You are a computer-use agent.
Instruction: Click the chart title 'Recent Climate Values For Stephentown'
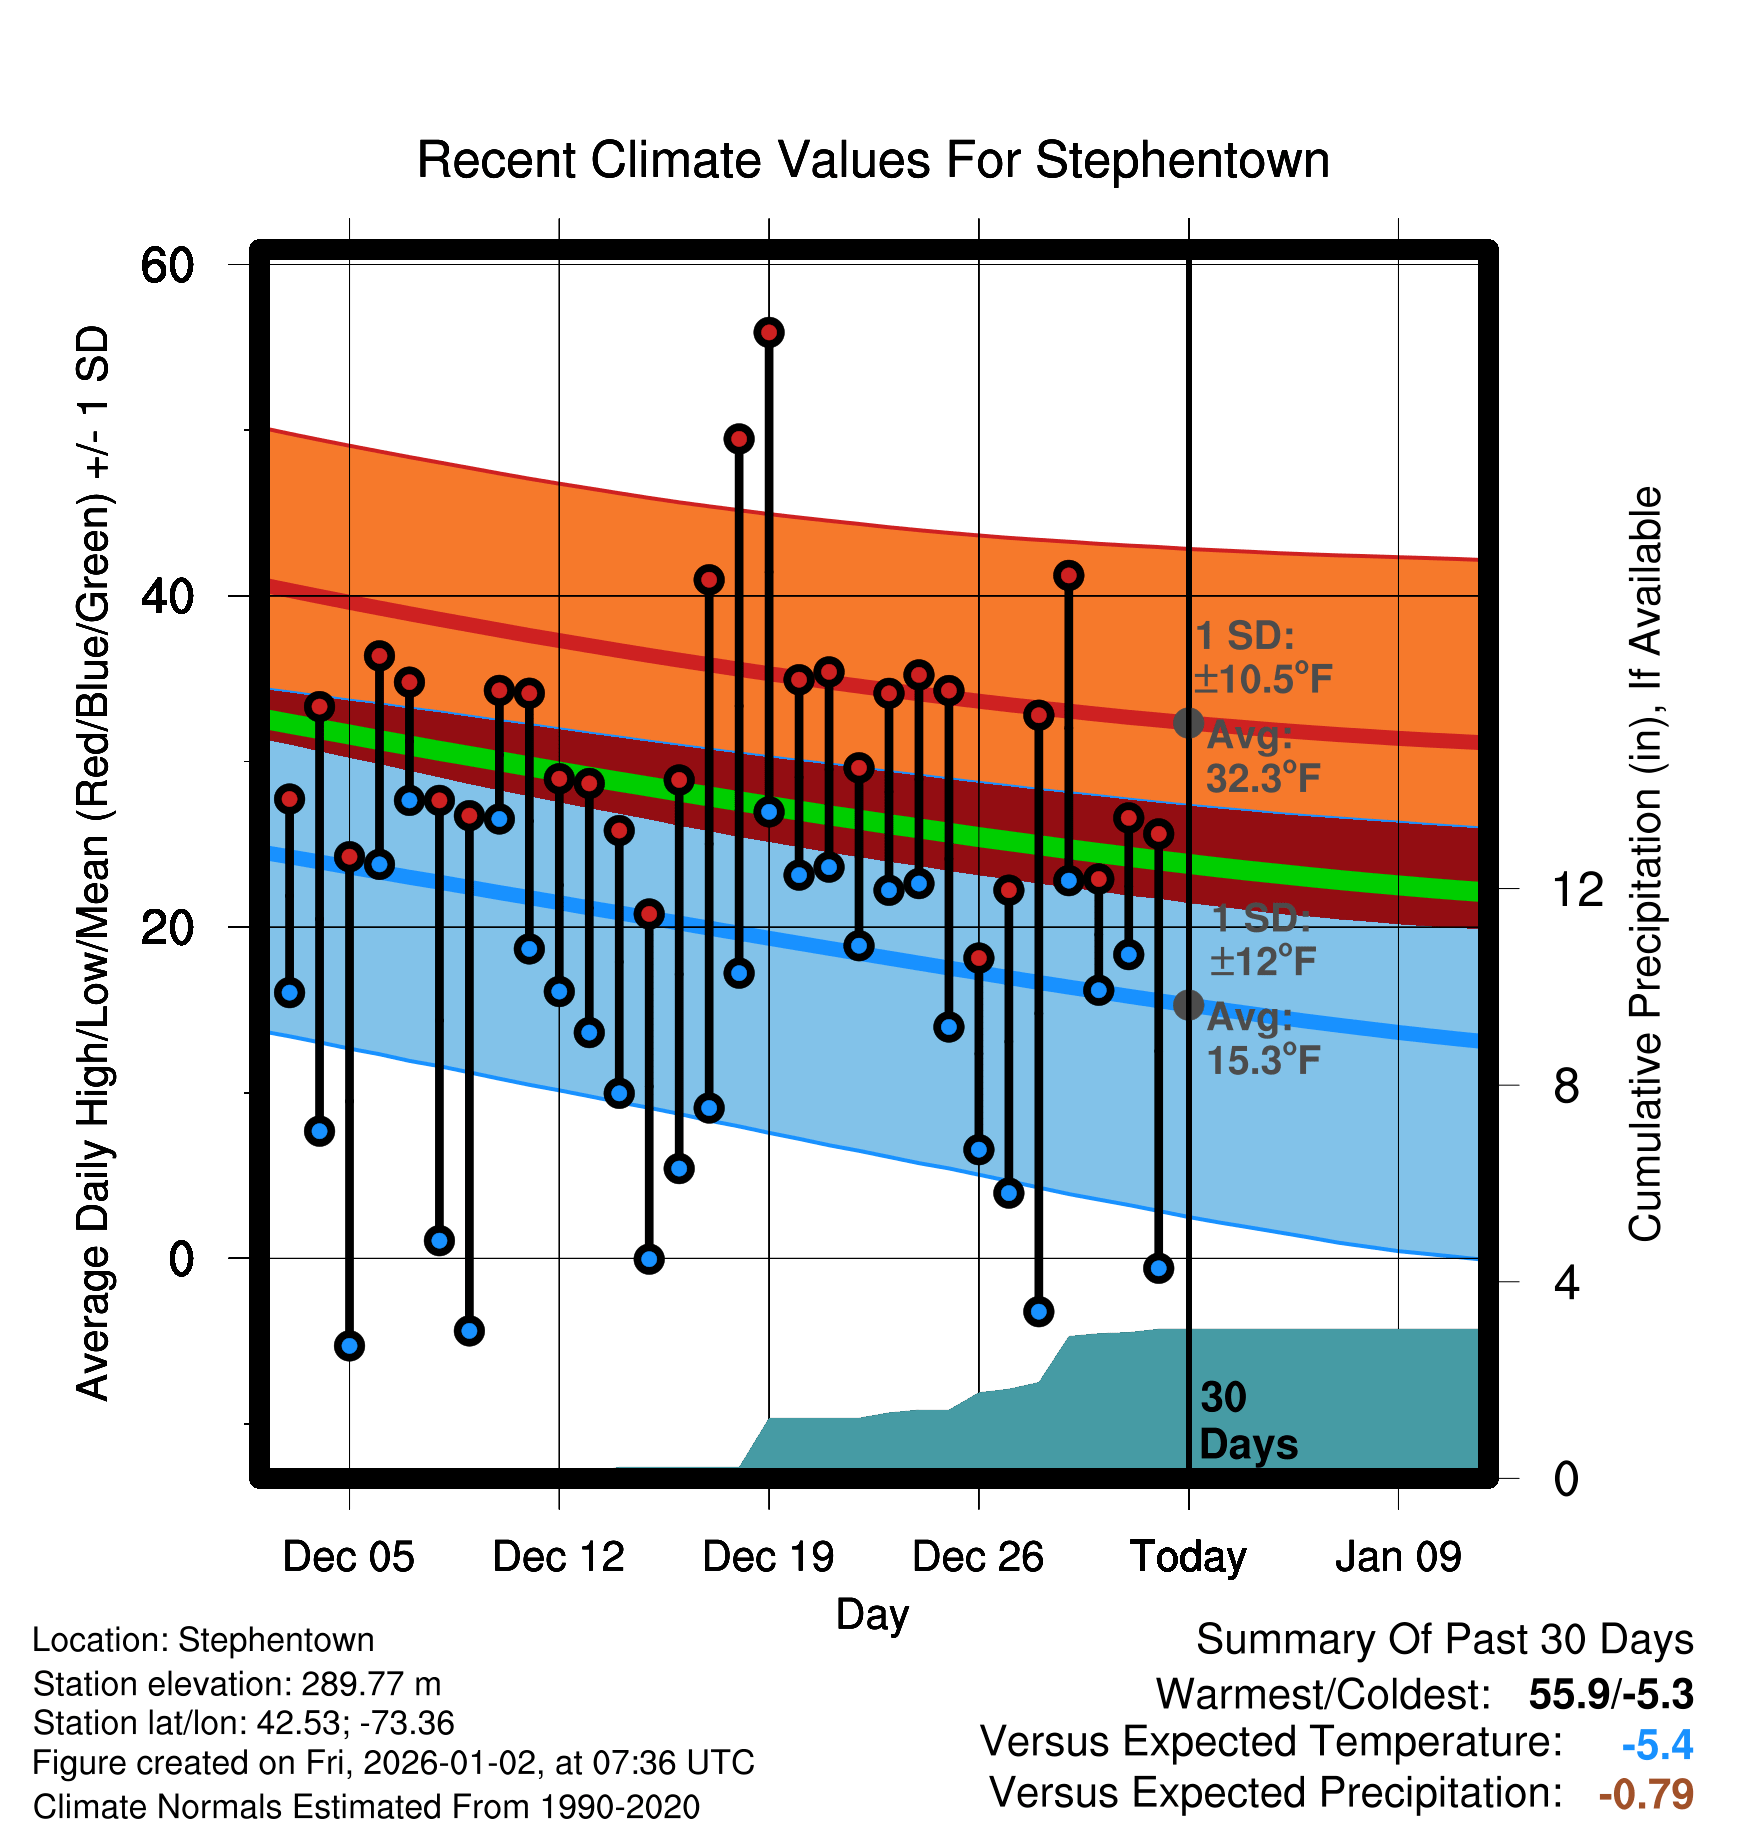click(x=873, y=160)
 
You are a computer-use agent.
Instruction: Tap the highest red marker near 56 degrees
click(x=769, y=332)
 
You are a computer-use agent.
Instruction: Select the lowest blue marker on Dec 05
click(x=349, y=1345)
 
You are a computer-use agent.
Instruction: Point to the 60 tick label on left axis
click(x=167, y=265)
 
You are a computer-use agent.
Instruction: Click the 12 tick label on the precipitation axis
click(x=1577, y=889)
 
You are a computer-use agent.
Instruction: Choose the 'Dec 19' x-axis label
click(x=768, y=1557)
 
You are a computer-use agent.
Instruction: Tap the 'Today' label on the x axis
click(x=1188, y=1557)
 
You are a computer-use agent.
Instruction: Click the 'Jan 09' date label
click(x=1398, y=1557)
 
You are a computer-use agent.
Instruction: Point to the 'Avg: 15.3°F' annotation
click(x=1262, y=1039)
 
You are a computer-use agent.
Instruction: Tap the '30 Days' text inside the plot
click(x=1247, y=1421)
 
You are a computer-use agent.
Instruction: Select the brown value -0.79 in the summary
click(x=1646, y=1794)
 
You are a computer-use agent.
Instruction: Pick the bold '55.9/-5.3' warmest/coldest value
click(x=1611, y=1694)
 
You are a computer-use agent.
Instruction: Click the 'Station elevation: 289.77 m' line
click(x=237, y=1684)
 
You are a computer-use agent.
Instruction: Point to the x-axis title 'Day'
click(x=872, y=1614)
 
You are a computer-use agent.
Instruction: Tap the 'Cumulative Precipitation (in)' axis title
click(x=1645, y=864)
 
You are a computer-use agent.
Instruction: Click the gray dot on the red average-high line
click(x=1188, y=722)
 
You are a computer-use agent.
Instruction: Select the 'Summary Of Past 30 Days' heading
click(x=1444, y=1640)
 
